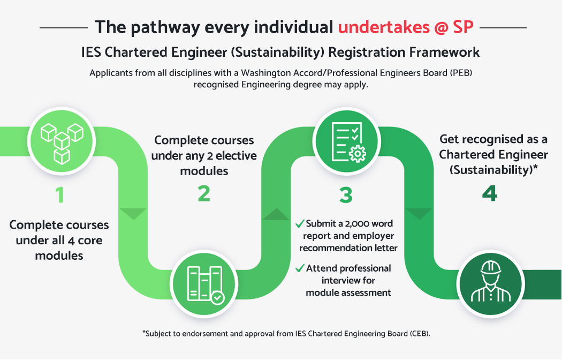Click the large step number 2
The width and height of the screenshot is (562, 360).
click(x=204, y=194)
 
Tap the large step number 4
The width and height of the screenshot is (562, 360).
click(x=489, y=194)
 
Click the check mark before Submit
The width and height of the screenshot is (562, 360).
click(x=300, y=223)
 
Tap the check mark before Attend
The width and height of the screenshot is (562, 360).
click(x=300, y=268)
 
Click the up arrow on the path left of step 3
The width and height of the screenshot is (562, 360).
click(x=275, y=214)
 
